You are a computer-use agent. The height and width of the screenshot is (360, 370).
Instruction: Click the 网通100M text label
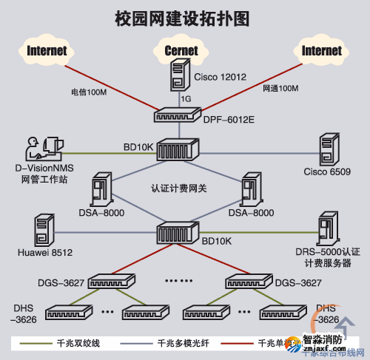coord(280,89)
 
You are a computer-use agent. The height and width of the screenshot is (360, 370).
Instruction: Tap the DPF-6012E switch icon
coord(175,115)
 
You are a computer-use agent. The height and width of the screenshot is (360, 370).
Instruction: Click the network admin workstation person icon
coord(41,147)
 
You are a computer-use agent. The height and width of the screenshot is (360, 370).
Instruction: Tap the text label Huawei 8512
coord(44,254)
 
